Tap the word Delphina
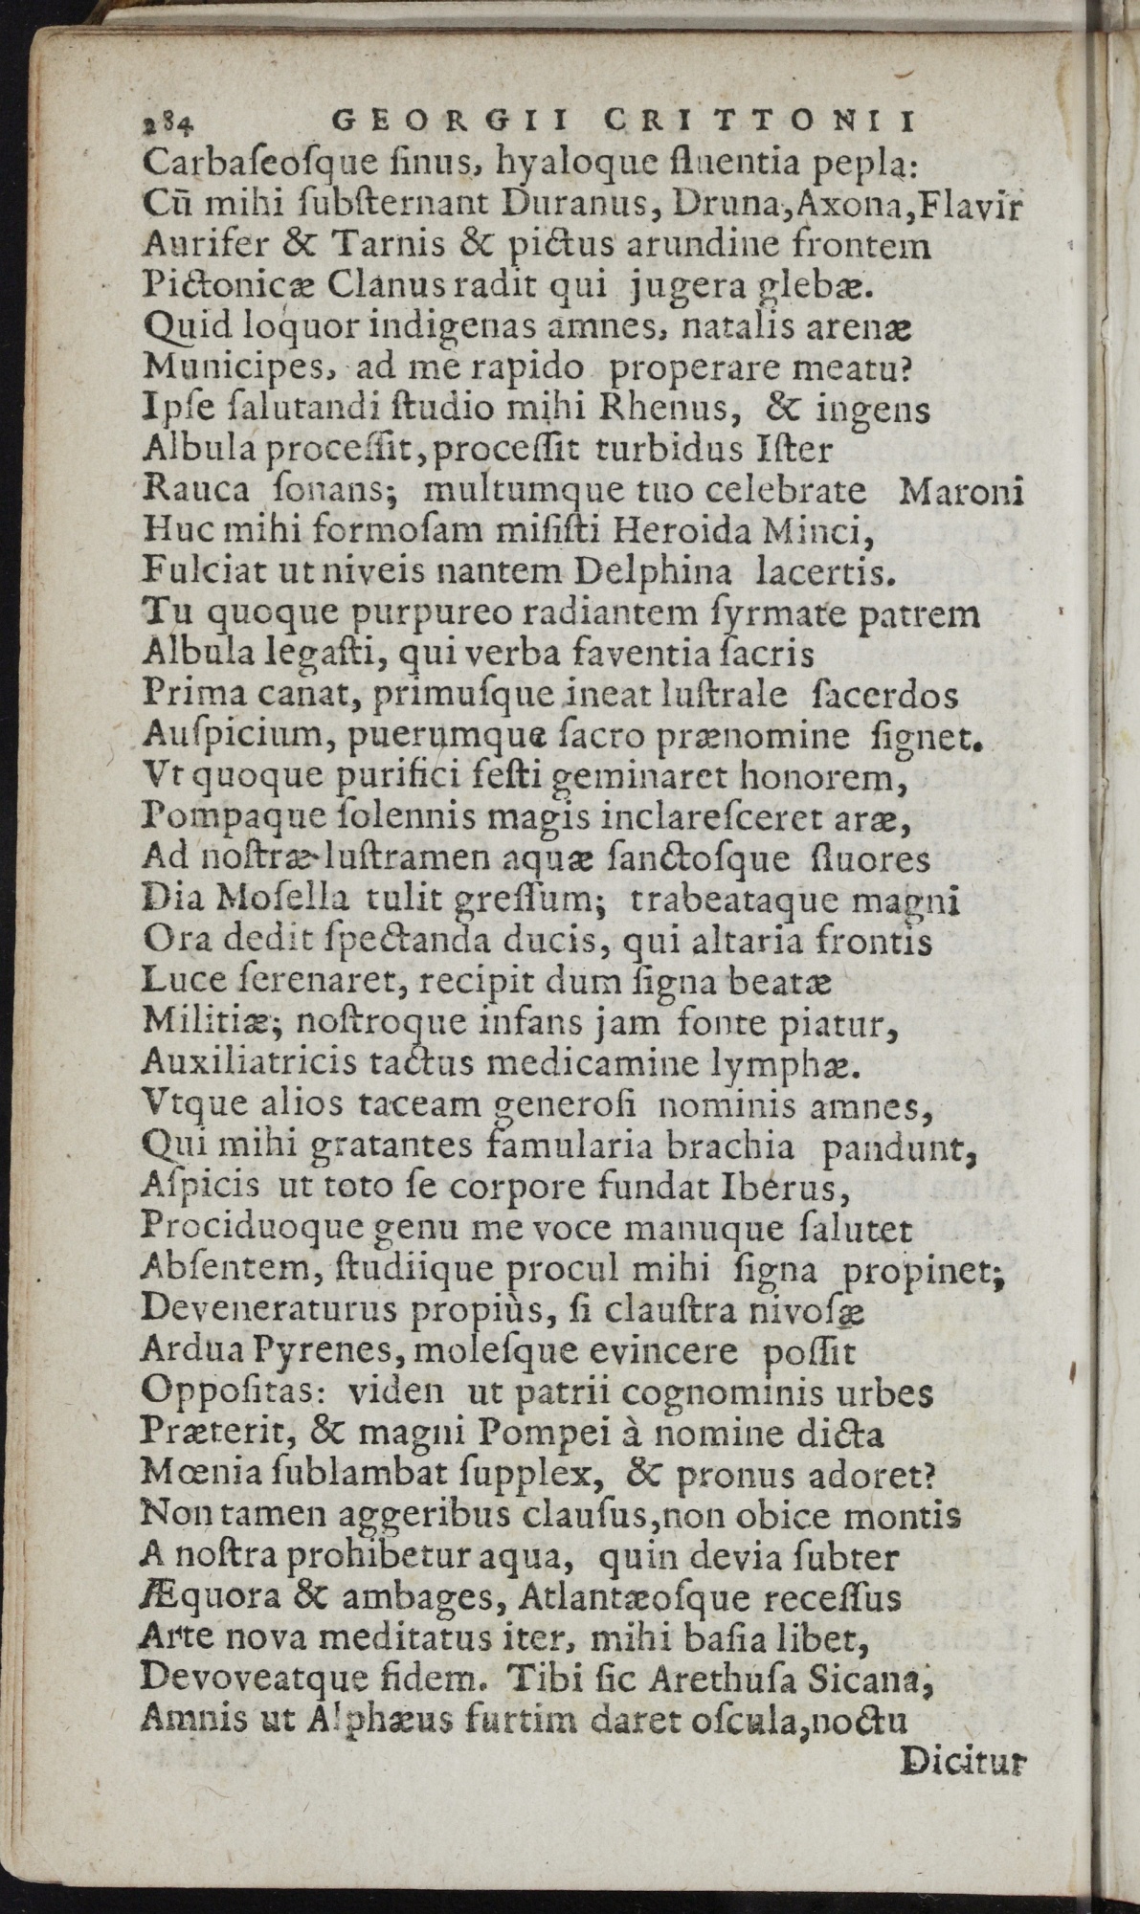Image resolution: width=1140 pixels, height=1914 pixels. [x=651, y=572]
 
